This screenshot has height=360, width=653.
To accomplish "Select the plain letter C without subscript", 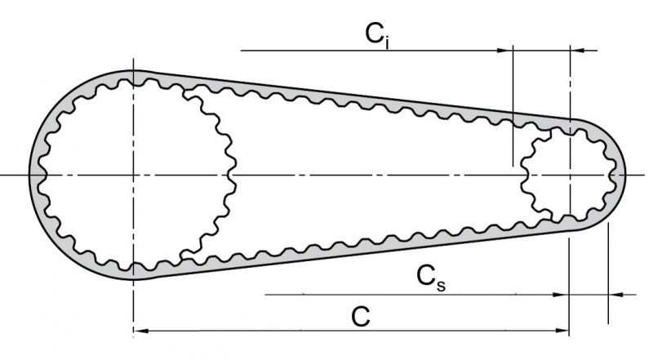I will click(x=357, y=314).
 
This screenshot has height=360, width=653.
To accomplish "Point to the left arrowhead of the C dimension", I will click(x=139, y=331).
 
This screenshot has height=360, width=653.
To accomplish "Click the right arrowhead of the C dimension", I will click(x=562, y=331).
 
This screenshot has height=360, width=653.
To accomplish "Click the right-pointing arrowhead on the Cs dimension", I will click(x=561, y=295).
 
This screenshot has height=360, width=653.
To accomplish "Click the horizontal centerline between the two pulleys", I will click(x=375, y=176).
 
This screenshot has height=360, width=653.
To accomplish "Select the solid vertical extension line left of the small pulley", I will click(x=511, y=106).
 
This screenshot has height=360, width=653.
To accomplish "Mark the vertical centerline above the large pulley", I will click(x=132, y=61).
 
